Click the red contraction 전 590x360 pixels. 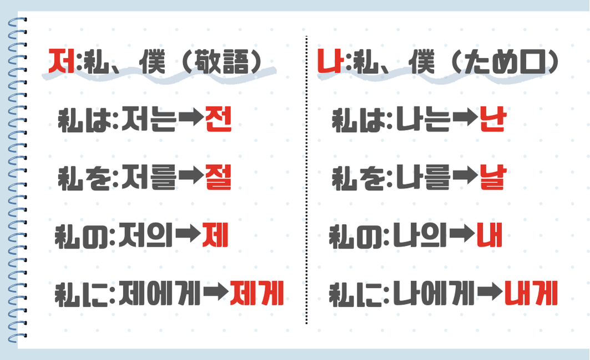click(218, 120)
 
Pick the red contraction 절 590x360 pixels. click(218, 179)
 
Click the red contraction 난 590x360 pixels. click(493, 120)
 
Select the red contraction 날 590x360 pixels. click(492, 179)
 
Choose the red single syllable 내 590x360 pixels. click(489, 237)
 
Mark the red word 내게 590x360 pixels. click(531, 295)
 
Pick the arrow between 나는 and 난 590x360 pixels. click(465, 120)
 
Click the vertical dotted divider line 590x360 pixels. click(306, 183)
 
